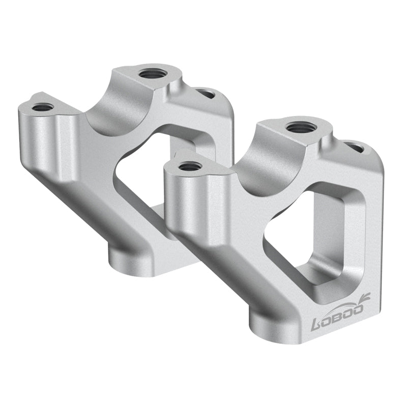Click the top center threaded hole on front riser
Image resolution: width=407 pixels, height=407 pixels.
pos(300,127)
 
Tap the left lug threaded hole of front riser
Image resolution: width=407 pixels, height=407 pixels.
pos(189,166)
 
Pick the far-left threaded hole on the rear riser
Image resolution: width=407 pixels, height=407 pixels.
pos(42,107)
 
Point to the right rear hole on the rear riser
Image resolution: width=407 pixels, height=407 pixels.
pos(206,94)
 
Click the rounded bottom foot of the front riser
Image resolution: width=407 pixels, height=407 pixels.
pos(270,326)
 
